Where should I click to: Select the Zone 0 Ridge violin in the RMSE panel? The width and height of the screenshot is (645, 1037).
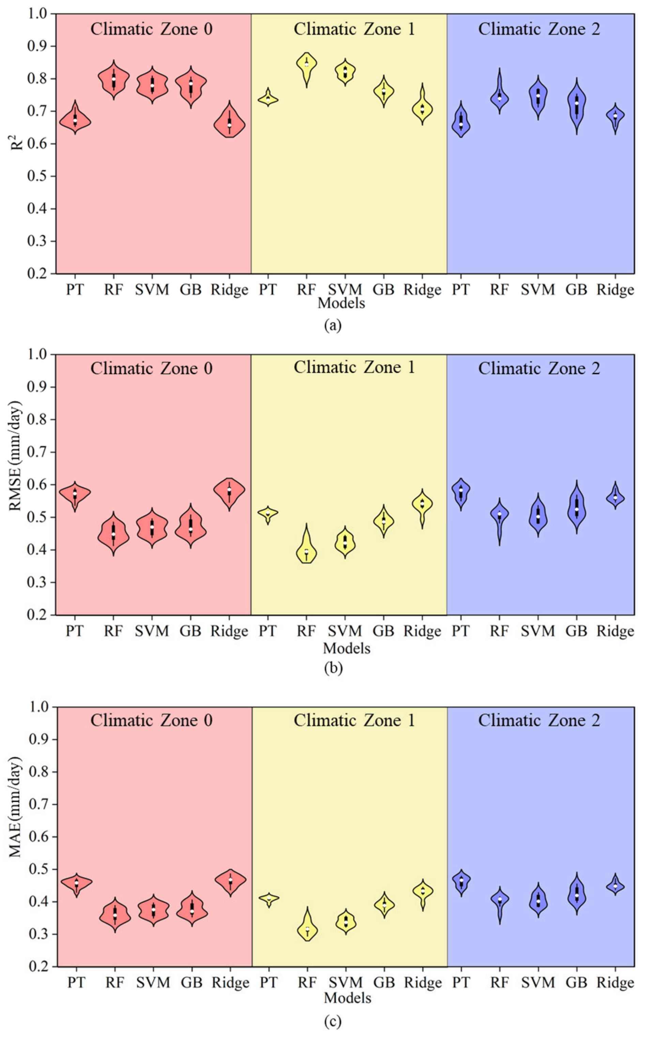pyautogui.click(x=230, y=491)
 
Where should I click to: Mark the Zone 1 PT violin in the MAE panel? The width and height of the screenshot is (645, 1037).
pyautogui.click(x=268, y=898)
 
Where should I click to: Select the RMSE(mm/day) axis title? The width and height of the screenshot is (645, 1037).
pyautogui.click(x=15, y=456)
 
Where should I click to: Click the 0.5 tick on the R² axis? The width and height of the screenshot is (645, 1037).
pyautogui.click(x=37, y=176)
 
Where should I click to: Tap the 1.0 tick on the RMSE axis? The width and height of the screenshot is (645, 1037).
pyautogui.click(x=37, y=354)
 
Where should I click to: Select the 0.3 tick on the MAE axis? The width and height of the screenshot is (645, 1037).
pyautogui.click(x=39, y=934)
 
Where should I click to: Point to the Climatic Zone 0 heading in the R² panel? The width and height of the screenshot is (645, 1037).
pyautogui.click(x=151, y=29)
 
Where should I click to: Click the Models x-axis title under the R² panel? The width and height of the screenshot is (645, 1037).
pyautogui.click(x=341, y=303)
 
